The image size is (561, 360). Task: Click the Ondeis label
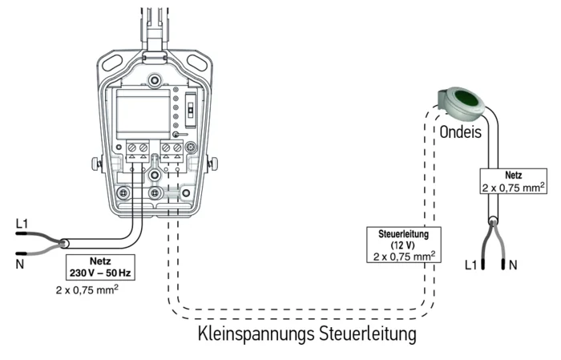[x=461, y=132]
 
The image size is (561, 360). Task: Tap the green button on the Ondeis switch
[x=467, y=97]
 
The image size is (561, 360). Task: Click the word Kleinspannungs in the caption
[x=256, y=334]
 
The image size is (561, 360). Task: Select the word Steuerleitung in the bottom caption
[x=367, y=334]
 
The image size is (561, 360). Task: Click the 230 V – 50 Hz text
[x=100, y=273]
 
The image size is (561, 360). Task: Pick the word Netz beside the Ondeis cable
[x=514, y=176]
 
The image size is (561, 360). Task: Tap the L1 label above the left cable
[x=22, y=224]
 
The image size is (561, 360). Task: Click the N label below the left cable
[x=20, y=265]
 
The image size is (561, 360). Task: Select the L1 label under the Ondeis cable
[x=471, y=265]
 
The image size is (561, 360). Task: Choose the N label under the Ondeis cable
[x=513, y=265]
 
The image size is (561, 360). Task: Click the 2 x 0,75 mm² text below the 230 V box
[x=87, y=289]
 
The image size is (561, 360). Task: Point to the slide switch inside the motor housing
[x=191, y=110]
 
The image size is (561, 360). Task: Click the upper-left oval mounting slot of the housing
[x=112, y=63]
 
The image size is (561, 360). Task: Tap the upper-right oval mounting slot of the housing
[x=196, y=63]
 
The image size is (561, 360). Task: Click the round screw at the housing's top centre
[x=155, y=80]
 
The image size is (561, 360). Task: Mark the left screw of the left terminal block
[x=132, y=147]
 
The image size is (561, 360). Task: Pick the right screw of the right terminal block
[x=177, y=147]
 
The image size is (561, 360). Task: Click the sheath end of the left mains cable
[x=64, y=244]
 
